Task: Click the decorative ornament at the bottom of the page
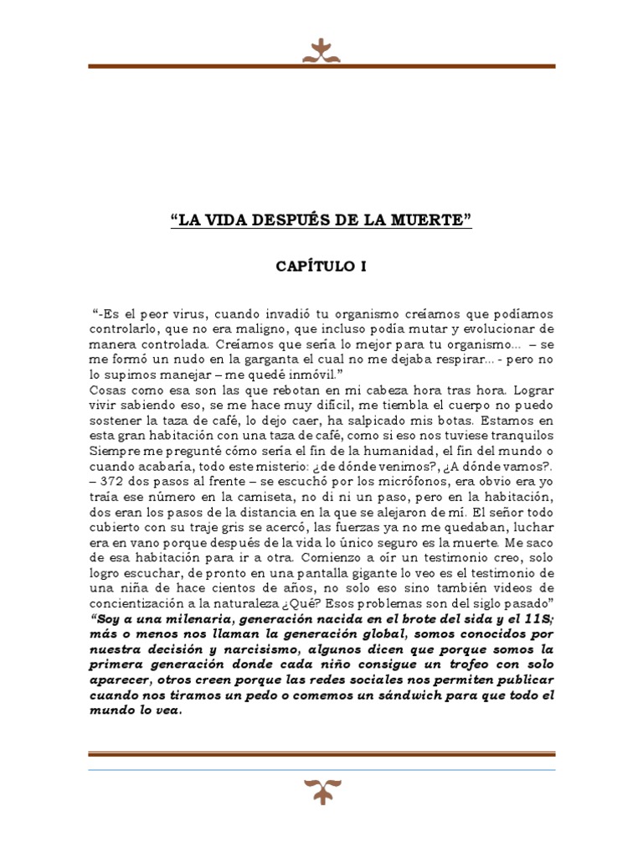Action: (x=321, y=788)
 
